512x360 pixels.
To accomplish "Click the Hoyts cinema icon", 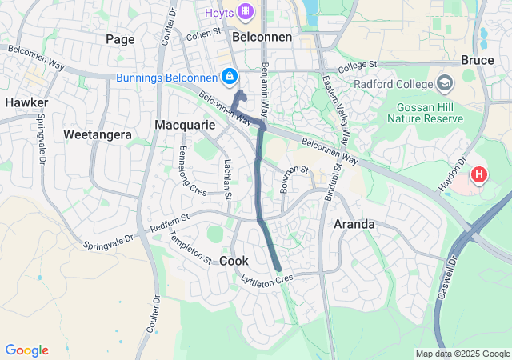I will pyautogui.click(x=245, y=11).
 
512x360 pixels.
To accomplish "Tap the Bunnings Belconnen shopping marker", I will pyautogui.click(x=230, y=76).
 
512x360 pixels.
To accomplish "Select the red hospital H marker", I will pyautogui.click(x=479, y=174).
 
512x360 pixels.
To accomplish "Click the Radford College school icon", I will pyautogui.click(x=445, y=83).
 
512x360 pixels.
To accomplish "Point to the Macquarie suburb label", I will pyautogui.click(x=185, y=126).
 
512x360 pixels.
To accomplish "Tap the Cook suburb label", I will pyautogui.click(x=234, y=261).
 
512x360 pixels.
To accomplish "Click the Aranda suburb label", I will pyautogui.click(x=354, y=224).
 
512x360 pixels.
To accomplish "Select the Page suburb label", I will pyautogui.click(x=120, y=38).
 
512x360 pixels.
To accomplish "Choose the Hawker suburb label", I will pyautogui.click(x=26, y=102).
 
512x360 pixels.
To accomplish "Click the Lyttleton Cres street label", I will pyautogui.click(x=267, y=278).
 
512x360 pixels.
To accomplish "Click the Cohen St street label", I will pyautogui.click(x=204, y=34).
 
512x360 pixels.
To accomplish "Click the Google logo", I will pyautogui.click(x=26, y=350).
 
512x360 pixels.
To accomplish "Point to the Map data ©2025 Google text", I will pyautogui.click(x=462, y=354).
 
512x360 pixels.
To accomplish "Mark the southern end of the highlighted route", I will pyautogui.click(x=278, y=269).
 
